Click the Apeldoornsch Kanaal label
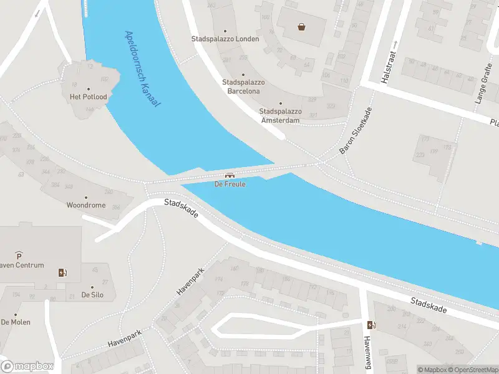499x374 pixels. tap(142, 69)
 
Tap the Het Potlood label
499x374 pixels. tap(88, 97)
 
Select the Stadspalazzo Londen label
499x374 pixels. tap(225, 39)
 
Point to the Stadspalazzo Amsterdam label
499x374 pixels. tap(280, 115)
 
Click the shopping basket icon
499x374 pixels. tap(302, 27)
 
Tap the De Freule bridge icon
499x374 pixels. tap(230, 176)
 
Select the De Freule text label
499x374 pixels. tap(230, 185)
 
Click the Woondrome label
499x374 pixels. tap(86, 204)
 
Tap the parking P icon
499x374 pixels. tap(19, 256)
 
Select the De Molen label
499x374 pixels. tap(16, 322)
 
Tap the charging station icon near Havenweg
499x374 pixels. tap(372, 325)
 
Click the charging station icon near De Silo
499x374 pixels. tap(62, 272)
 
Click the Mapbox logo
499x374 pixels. tap(27, 367)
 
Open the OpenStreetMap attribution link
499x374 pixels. tap(472, 370)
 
